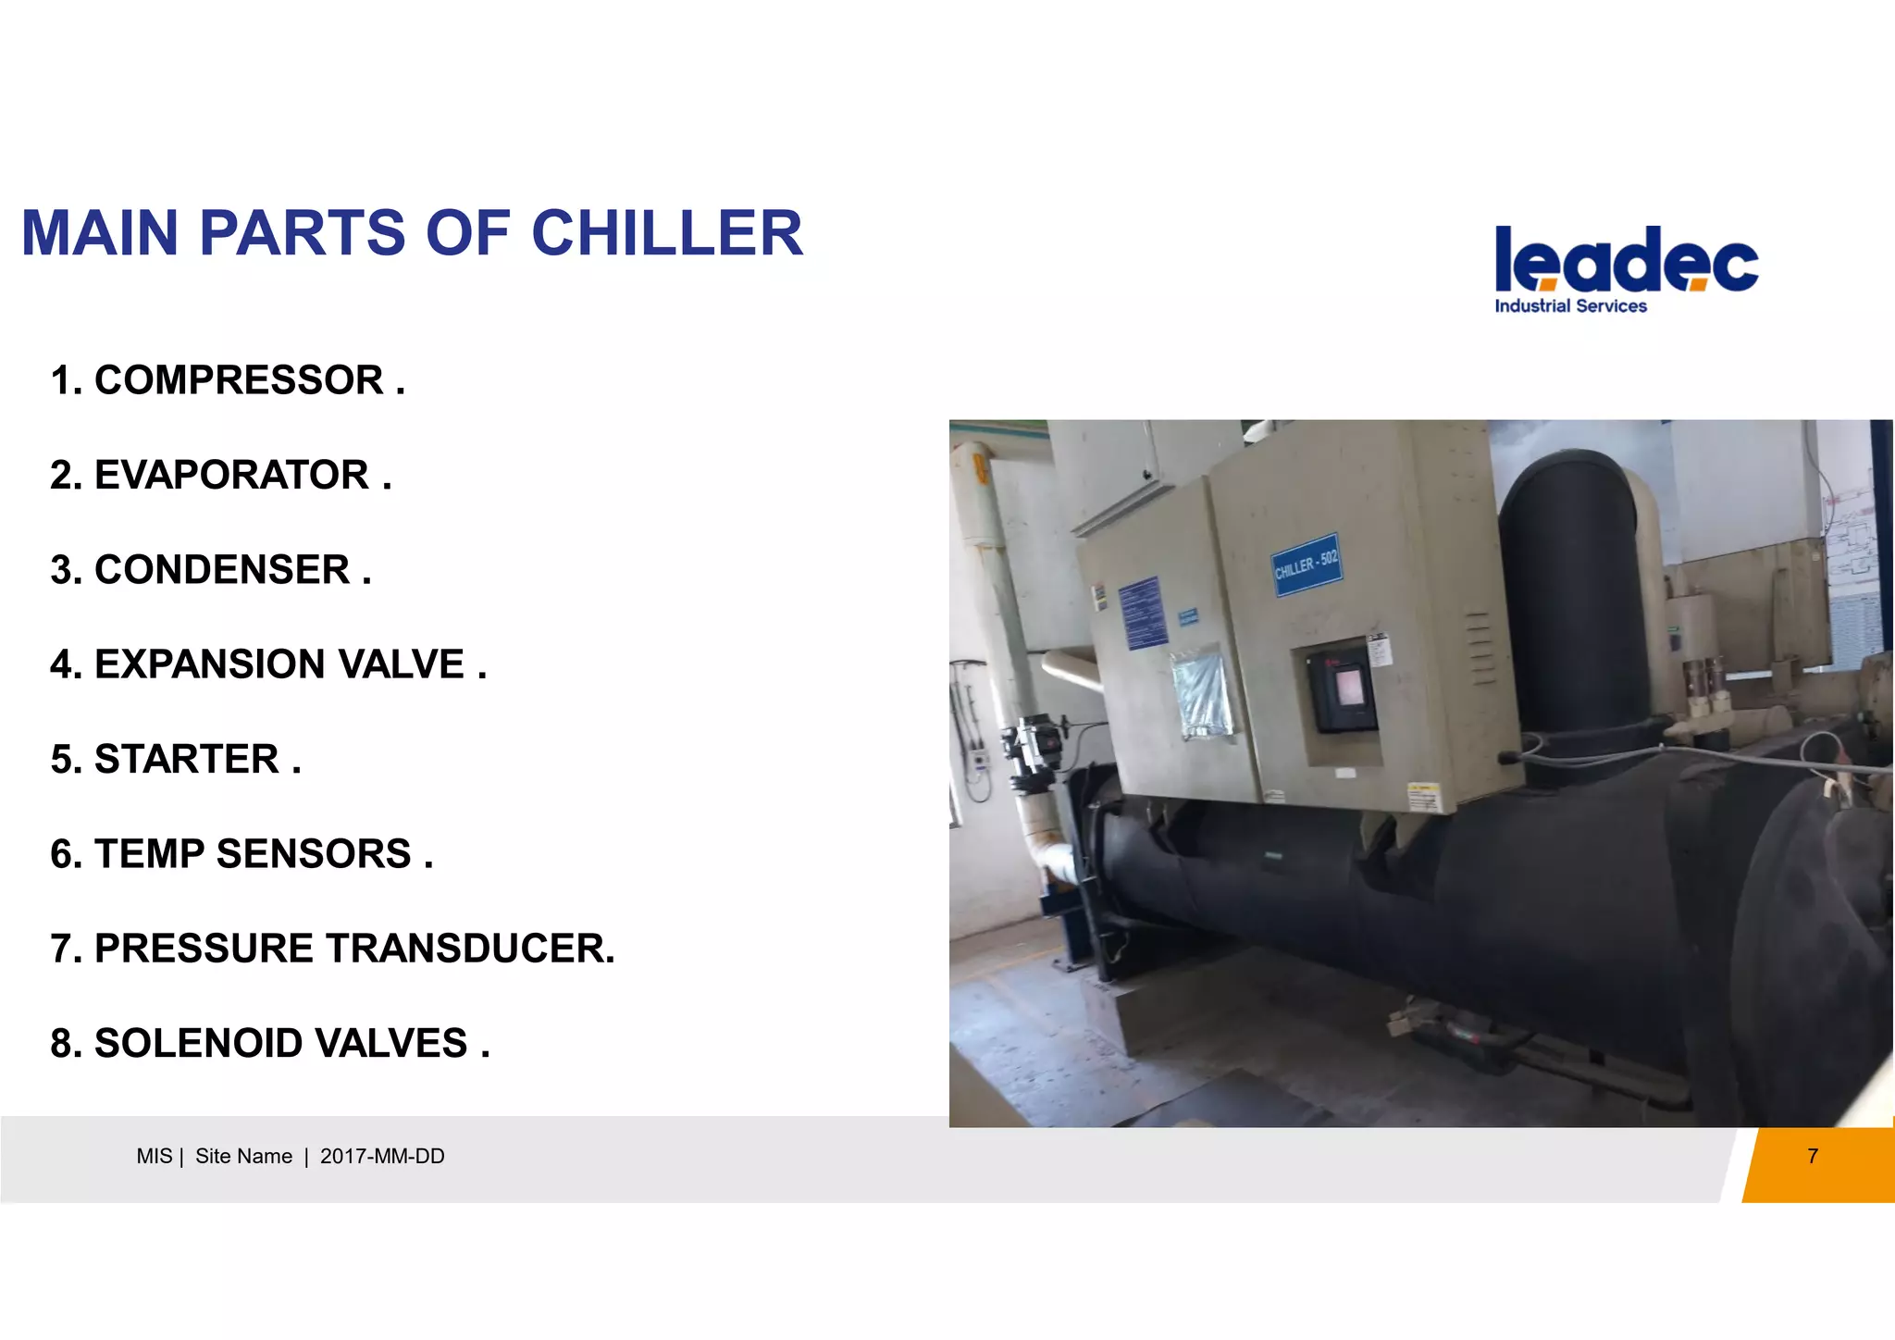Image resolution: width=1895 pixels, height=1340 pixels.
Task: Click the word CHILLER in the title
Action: [666, 233]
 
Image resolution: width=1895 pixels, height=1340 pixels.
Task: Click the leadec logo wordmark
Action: [1626, 260]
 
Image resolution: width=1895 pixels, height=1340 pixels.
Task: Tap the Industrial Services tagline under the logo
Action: [1570, 306]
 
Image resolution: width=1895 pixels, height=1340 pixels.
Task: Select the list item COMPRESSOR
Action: [238, 380]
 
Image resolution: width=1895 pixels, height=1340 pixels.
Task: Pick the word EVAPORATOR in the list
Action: [231, 475]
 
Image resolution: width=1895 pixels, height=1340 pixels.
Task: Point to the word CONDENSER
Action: [222, 570]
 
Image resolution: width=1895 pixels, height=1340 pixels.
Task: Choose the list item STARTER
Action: [186, 760]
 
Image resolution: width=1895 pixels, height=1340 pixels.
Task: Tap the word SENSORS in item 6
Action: [314, 854]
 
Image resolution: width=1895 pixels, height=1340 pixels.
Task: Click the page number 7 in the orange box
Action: [1812, 1156]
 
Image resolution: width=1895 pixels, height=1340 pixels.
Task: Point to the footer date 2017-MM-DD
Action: [382, 1157]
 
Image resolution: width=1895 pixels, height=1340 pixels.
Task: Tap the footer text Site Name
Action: [243, 1157]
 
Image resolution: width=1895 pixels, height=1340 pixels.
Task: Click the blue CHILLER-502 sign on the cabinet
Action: [1307, 565]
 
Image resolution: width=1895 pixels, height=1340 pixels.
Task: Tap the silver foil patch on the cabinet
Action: [1202, 694]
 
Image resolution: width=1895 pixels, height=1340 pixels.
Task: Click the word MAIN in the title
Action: [99, 233]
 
